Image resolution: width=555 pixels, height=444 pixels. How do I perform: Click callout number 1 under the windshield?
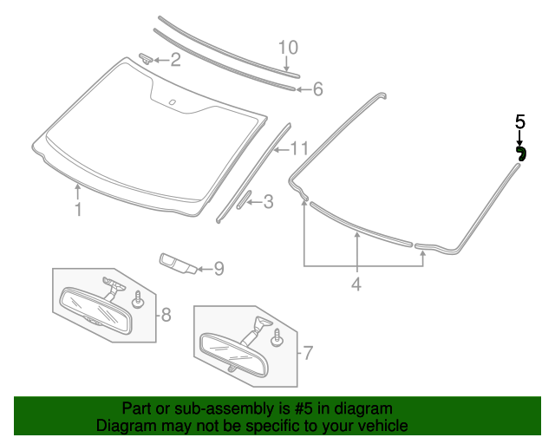pyautogui.click(x=78, y=209)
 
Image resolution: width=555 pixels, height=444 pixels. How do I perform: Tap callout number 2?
pyautogui.click(x=175, y=60)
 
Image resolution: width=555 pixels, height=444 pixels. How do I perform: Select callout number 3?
pyautogui.click(x=268, y=202)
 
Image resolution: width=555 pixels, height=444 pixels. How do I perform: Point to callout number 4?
pyautogui.click(x=356, y=283)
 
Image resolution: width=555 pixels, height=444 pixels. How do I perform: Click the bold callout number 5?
pyautogui.click(x=519, y=122)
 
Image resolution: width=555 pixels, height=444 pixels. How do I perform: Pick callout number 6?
pyautogui.click(x=317, y=88)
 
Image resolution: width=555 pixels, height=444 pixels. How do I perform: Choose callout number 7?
pyautogui.click(x=307, y=353)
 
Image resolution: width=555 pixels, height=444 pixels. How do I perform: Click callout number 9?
pyautogui.click(x=219, y=269)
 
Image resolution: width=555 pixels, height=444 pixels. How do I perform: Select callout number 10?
pyautogui.click(x=287, y=47)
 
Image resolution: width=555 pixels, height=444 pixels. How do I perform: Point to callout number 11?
pyautogui.click(x=299, y=147)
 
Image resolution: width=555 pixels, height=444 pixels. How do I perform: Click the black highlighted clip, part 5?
pyautogui.click(x=520, y=153)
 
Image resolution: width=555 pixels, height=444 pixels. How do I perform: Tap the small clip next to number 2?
pyautogui.click(x=147, y=57)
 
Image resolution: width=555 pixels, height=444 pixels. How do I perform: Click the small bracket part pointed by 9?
pyautogui.click(x=175, y=262)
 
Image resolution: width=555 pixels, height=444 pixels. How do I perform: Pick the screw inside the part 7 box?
pyautogui.click(x=277, y=336)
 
